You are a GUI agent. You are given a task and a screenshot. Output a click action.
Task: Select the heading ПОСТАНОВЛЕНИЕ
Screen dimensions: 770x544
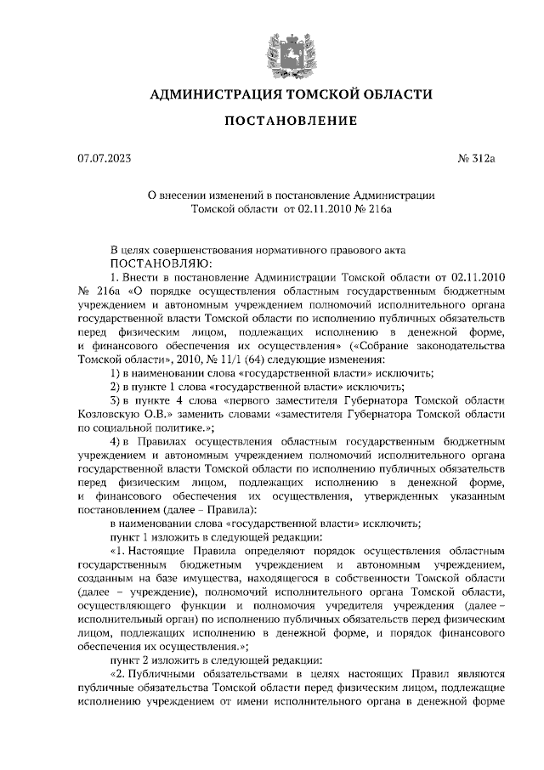coord(290,122)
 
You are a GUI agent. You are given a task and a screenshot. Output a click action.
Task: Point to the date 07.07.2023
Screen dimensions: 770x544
coord(104,158)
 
